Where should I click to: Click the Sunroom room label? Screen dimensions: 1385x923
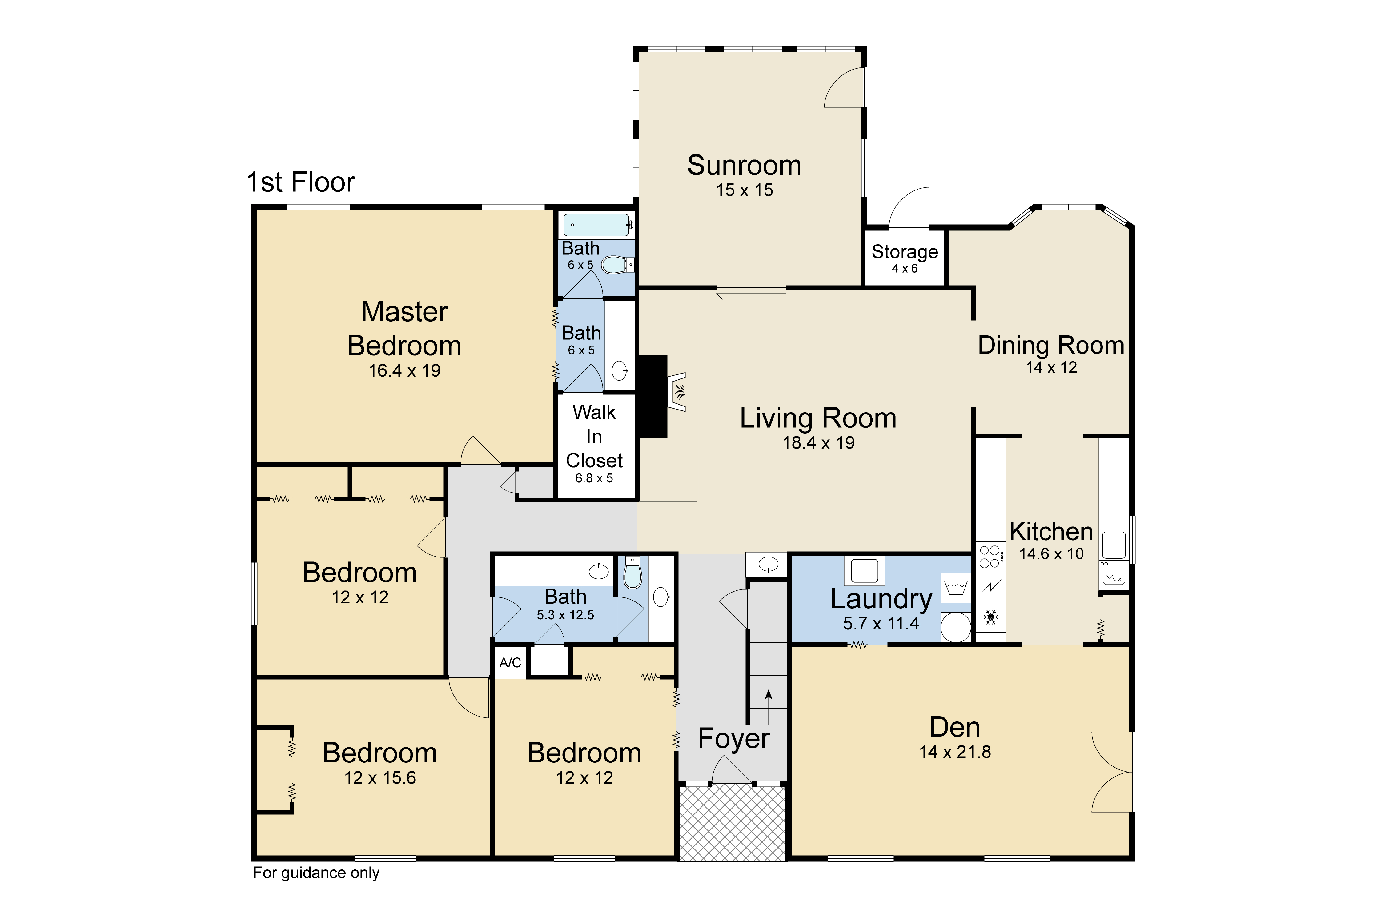(x=744, y=166)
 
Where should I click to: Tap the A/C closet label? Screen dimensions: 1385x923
(x=510, y=663)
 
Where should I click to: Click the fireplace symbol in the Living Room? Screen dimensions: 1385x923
(x=677, y=391)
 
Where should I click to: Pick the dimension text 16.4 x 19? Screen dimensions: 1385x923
(x=404, y=371)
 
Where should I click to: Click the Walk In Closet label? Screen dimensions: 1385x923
(x=594, y=436)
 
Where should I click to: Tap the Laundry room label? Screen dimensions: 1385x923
(x=881, y=599)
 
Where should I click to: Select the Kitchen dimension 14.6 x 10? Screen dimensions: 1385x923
(x=1052, y=554)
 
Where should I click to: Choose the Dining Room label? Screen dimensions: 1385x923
(x=1051, y=346)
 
